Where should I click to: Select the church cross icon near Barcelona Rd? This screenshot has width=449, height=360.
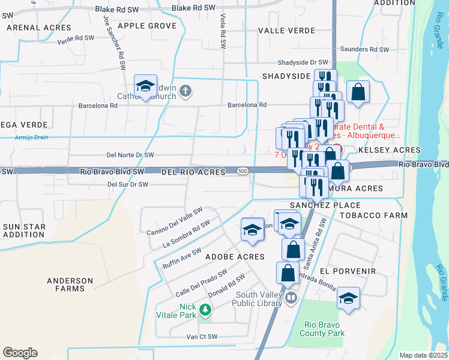pyautogui.click(x=186, y=91)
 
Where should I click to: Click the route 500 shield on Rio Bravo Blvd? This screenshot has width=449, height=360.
pyautogui.click(x=242, y=172)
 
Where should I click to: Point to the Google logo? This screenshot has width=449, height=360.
pyautogui.click(x=20, y=353)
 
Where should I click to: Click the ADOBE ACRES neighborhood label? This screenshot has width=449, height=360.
pyautogui.click(x=235, y=257)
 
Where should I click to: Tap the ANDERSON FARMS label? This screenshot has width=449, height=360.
pyautogui.click(x=70, y=284)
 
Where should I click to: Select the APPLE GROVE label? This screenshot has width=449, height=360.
pyautogui.click(x=147, y=26)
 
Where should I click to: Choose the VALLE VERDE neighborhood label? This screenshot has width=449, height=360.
pyautogui.click(x=286, y=30)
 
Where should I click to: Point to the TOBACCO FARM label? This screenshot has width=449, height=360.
pyautogui.click(x=376, y=215)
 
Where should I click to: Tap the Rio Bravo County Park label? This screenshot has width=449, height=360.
pyautogui.click(x=322, y=329)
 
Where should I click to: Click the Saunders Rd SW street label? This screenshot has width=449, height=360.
pyautogui.click(x=364, y=50)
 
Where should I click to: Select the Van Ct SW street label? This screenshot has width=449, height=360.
pyautogui.click(x=201, y=337)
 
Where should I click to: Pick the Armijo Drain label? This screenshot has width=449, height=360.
pyautogui.click(x=31, y=137)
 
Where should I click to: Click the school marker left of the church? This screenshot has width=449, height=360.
pyautogui.click(x=145, y=87)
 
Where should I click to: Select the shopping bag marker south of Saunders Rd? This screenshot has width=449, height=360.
pyautogui.click(x=358, y=92)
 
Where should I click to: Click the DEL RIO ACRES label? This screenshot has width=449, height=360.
pyautogui.click(x=193, y=172)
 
